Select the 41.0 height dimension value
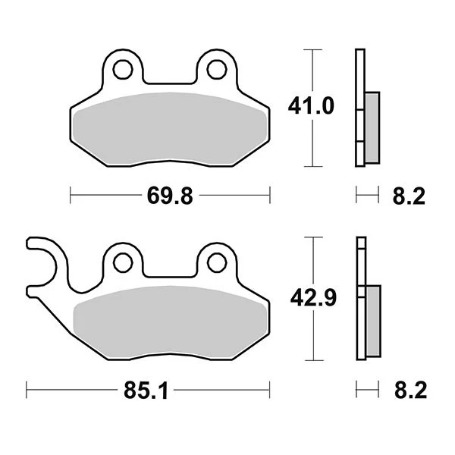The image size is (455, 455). [310, 108]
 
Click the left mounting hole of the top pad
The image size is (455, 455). [122, 71]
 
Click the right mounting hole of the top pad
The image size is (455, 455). [216, 71]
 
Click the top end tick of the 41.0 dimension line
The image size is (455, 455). [310, 50]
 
